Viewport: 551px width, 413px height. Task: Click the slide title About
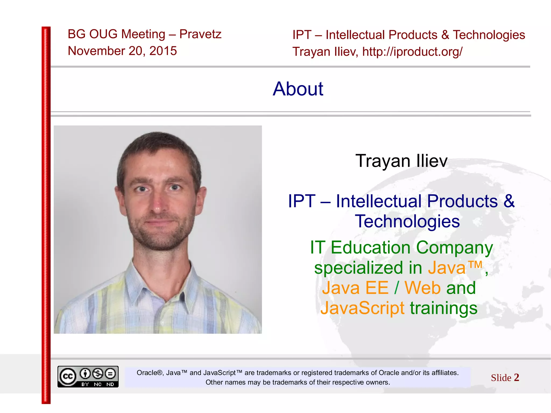[x=298, y=89]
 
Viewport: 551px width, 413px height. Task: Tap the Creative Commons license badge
[x=88, y=376]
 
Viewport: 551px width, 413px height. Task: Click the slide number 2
[x=516, y=377]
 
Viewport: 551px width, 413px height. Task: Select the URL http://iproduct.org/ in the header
[x=412, y=52]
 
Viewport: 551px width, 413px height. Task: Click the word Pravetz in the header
[x=200, y=34]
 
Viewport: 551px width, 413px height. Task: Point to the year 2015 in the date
[x=163, y=51]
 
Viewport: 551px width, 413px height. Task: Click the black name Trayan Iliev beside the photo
[x=401, y=161]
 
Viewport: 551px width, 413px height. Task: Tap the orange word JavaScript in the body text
[x=362, y=308]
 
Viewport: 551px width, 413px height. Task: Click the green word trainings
[x=444, y=308]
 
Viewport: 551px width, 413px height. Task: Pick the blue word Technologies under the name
[x=407, y=221]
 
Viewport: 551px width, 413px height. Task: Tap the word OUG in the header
[x=103, y=34]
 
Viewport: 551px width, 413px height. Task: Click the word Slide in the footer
[x=501, y=378]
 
